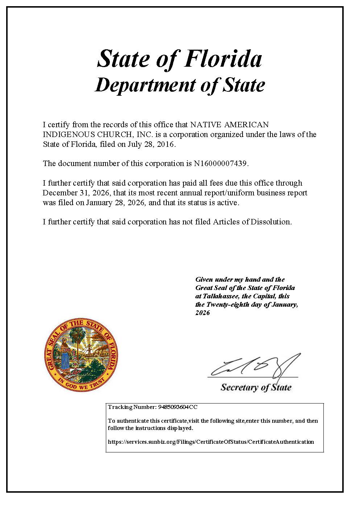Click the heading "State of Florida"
coord(179,59)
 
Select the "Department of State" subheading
coord(179,86)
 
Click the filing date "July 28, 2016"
coord(151,144)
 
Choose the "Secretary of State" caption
coord(256,388)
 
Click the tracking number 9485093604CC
coord(178,407)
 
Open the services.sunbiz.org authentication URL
coord(211,442)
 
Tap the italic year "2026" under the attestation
coord(202,313)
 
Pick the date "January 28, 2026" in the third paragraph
coord(116,203)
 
